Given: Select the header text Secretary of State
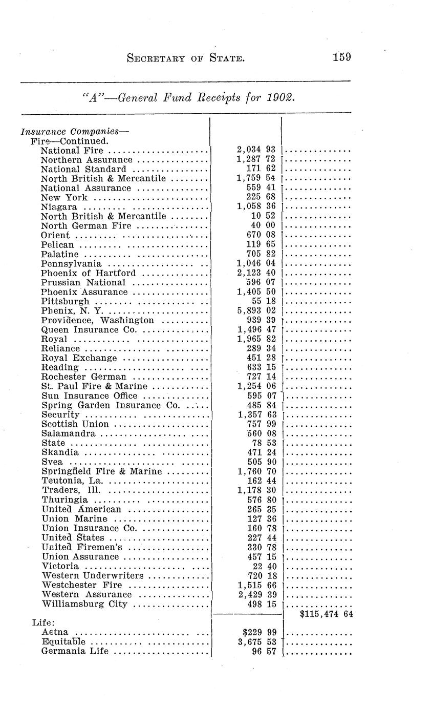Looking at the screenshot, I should pos(185,58).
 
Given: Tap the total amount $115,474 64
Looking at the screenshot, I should pos(326,614).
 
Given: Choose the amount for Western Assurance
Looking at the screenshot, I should pos(257,595).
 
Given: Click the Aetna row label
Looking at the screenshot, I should pos(55,633).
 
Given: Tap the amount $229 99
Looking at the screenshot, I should pos(259,633).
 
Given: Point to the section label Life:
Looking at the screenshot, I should pos(40,623).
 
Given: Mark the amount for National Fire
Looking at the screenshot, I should pos(257,150).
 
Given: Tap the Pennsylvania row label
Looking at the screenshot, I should pos(71,264).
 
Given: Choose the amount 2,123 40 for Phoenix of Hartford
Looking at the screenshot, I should pos(257,273).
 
